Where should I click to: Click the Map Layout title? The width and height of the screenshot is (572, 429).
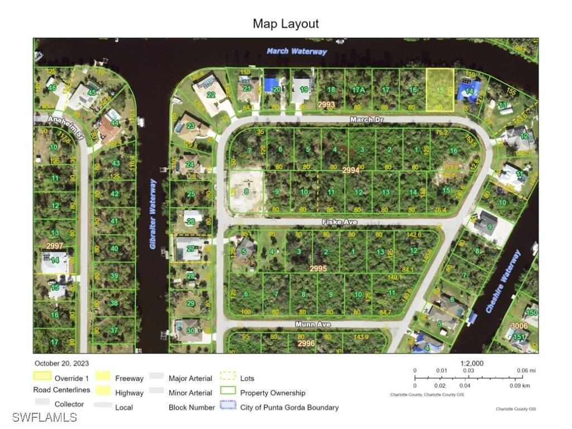285,23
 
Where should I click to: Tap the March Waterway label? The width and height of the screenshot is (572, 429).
297,51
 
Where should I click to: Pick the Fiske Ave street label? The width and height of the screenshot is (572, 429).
340,222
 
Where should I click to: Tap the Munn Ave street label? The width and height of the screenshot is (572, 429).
313,325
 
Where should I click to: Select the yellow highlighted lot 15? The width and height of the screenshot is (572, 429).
440,89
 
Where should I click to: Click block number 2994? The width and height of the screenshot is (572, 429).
350,170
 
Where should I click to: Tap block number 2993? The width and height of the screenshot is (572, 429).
326,104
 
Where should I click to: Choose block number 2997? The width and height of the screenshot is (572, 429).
55,246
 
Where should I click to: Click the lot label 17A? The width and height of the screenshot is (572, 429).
359,90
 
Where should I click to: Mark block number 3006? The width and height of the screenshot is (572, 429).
519,326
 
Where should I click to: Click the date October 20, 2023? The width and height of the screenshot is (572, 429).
61,364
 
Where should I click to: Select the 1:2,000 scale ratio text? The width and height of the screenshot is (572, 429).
472,363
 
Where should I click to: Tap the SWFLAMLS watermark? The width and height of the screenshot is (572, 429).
45,417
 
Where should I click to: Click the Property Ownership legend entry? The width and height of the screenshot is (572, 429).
273,393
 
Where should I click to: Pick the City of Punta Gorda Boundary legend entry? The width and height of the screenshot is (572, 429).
289,407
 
